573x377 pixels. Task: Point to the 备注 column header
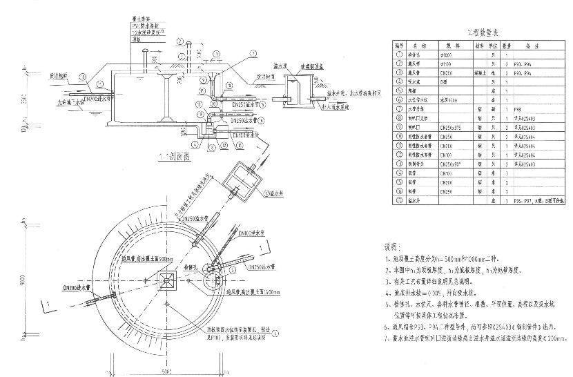[x=531, y=45]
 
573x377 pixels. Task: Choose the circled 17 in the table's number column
[x=397, y=201]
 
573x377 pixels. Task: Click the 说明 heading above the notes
[x=391, y=246]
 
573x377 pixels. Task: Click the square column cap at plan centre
[x=166, y=281]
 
